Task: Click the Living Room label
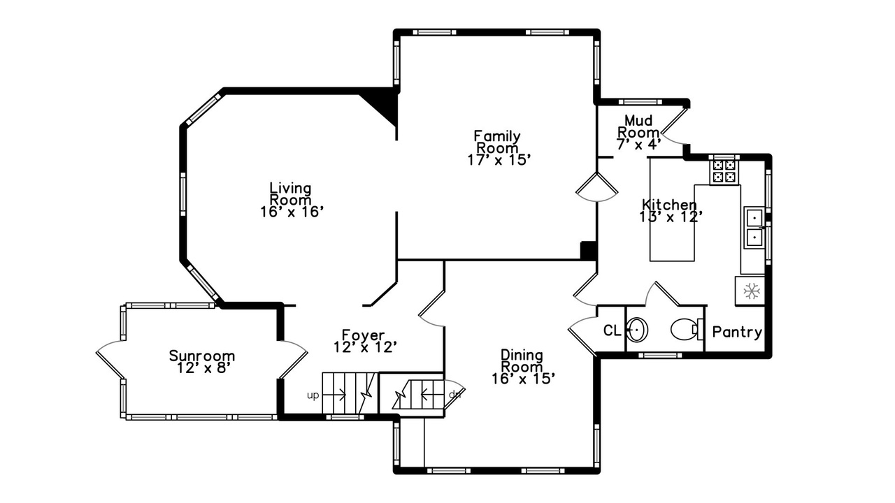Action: [x=290, y=194]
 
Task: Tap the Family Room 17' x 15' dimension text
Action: [x=499, y=160]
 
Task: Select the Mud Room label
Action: [x=638, y=126]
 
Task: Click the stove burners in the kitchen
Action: [x=724, y=171]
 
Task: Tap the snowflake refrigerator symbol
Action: [x=751, y=291]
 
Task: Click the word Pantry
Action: [x=737, y=332]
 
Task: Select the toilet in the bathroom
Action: [x=687, y=329]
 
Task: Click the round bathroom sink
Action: [x=637, y=330]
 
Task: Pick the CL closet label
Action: [x=612, y=330]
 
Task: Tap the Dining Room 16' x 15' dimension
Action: [x=523, y=379]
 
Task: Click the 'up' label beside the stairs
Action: [x=313, y=395]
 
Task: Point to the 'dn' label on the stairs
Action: [x=454, y=395]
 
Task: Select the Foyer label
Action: [x=363, y=335]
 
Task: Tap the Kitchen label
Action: [x=669, y=205]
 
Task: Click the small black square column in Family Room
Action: [x=588, y=251]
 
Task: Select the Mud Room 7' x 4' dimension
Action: [x=639, y=144]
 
